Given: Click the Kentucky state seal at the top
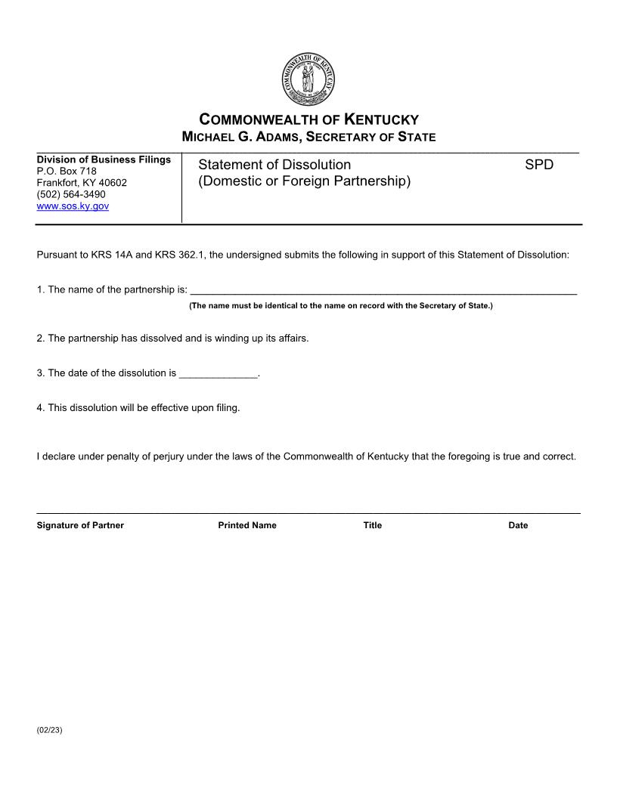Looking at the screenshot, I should [x=308, y=80].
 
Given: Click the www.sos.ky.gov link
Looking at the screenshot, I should [x=73, y=206].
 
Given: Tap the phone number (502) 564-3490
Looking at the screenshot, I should [x=71, y=194].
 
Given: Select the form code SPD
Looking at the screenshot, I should [x=539, y=165].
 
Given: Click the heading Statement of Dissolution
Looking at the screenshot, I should [x=274, y=165].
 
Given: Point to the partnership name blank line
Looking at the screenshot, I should [x=383, y=289].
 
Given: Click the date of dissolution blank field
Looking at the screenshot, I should [x=219, y=373].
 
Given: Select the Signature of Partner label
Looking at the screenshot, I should [x=80, y=525].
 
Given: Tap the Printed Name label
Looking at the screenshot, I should [x=247, y=525].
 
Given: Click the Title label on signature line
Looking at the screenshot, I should [x=372, y=525].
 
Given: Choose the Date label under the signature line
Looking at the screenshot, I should [x=518, y=525].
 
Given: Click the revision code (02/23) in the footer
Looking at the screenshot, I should [x=49, y=731].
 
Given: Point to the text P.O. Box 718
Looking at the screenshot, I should [x=67, y=171].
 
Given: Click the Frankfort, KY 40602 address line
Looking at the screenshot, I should [x=82, y=183].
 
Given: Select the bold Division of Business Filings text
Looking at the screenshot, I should [x=104, y=159].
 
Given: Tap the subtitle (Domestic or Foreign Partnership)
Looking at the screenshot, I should [x=304, y=182].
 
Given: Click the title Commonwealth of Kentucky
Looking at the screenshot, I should [x=308, y=119].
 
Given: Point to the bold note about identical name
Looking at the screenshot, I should [x=340, y=306].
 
